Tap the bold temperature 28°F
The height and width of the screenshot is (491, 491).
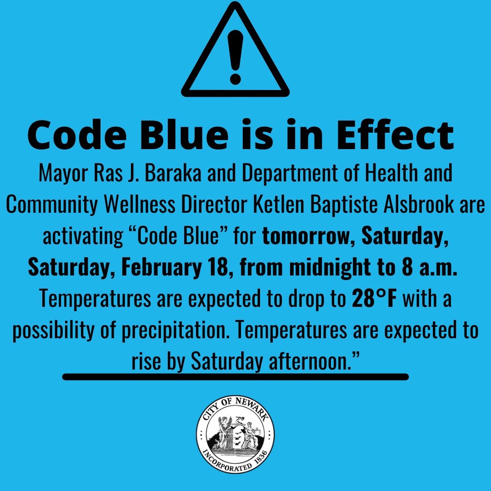(376, 299)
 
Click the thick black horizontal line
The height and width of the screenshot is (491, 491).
(235, 377)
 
